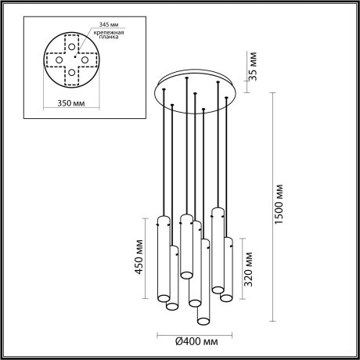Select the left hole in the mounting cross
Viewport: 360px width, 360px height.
click(x=58, y=59)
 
